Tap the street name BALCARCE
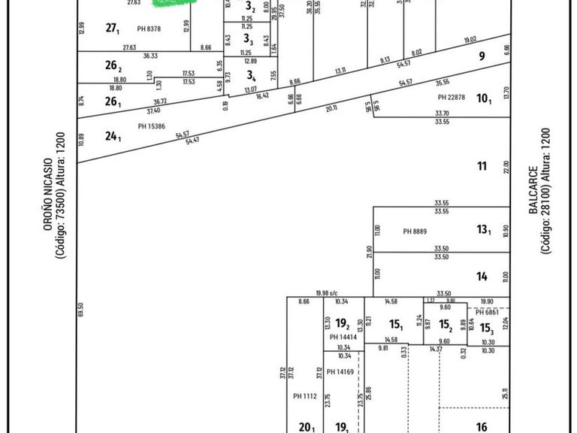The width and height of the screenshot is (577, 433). pyautogui.click(x=533, y=190)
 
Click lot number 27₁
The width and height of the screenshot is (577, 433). pyautogui.click(x=113, y=29)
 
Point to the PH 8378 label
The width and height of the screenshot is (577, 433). pyautogui.click(x=150, y=29)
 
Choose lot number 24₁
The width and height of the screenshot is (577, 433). pyautogui.click(x=113, y=136)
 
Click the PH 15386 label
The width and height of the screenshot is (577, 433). pyautogui.click(x=151, y=126)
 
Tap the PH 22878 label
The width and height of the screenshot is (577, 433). pyautogui.click(x=452, y=97)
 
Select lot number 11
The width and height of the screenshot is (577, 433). pyautogui.click(x=482, y=165)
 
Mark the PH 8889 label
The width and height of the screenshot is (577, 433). pyautogui.click(x=415, y=232)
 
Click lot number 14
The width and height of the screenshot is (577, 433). pyautogui.click(x=482, y=277)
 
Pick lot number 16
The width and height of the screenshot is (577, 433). pyautogui.click(x=482, y=425)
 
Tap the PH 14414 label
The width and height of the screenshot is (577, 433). pyautogui.click(x=343, y=338)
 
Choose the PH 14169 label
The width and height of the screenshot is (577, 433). pyautogui.click(x=340, y=371)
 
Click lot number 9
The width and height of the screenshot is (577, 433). pyautogui.click(x=482, y=55)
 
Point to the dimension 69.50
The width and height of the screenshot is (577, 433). pyautogui.click(x=80, y=310)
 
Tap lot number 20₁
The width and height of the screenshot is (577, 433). pyautogui.click(x=305, y=427)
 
